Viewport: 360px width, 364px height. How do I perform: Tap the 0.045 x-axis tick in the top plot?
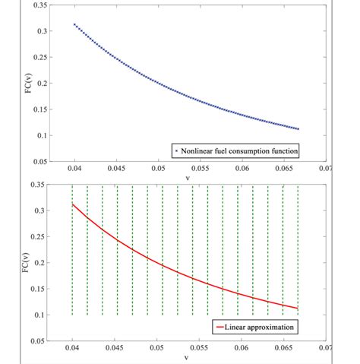(116, 168)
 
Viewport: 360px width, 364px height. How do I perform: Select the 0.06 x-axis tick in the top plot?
(242, 168)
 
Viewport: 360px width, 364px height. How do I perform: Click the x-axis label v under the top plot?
(187, 178)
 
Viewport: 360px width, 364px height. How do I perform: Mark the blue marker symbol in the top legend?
(176, 150)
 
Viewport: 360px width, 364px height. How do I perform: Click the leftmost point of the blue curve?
(74, 24)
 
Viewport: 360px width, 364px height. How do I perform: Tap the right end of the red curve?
(298, 309)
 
